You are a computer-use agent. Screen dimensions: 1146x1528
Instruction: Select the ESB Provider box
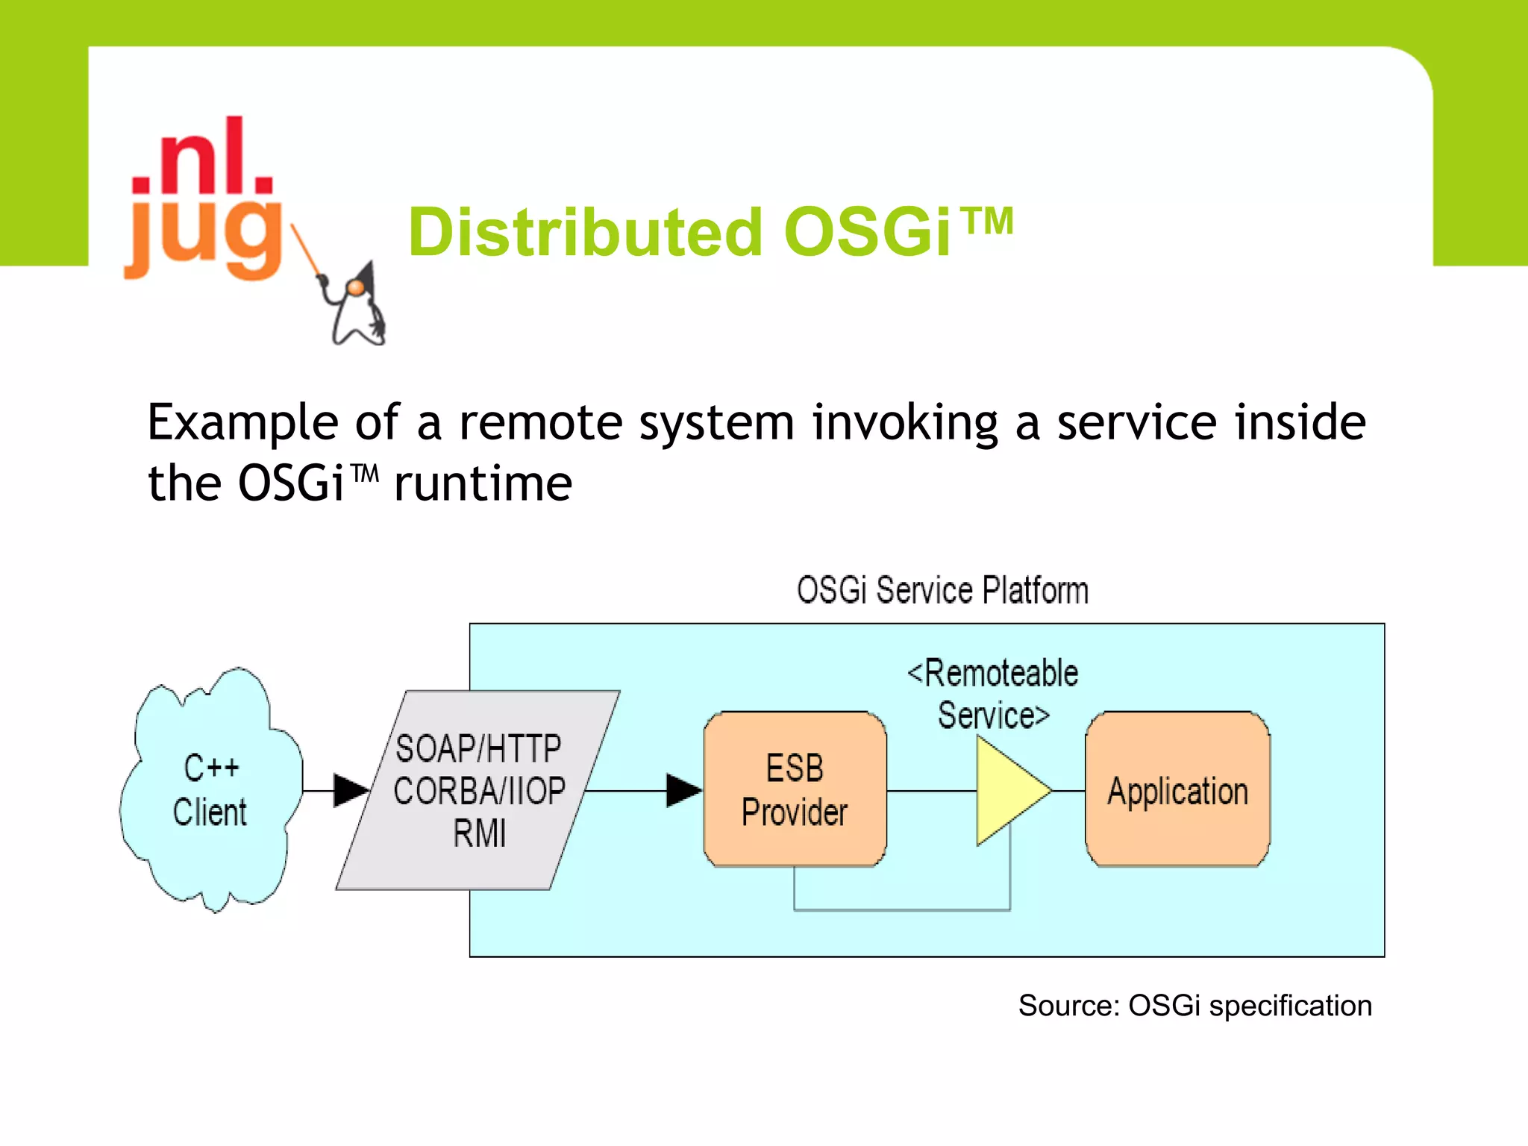[x=795, y=789]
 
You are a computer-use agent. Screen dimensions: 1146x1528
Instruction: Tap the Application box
[x=1177, y=789]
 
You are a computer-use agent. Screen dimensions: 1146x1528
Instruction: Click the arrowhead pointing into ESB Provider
[x=682, y=790]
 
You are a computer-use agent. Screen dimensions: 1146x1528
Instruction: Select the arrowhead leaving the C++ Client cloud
[x=349, y=790]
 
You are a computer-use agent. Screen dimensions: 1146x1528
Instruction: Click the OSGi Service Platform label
[x=942, y=590]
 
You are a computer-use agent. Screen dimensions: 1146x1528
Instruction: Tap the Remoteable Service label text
[x=992, y=694]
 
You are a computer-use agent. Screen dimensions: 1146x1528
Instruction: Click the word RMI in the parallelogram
[x=479, y=833]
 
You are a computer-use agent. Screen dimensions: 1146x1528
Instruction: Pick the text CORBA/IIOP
[x=479, y=791]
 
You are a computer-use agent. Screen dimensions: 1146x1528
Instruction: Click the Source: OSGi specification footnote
[x=1194, y=1006]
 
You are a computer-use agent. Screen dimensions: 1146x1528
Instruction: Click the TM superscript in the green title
[x=986, y=222]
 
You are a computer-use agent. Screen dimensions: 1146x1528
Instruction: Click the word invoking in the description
[x=904, y=422]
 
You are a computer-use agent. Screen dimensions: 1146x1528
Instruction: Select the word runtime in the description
[x=483, y=483]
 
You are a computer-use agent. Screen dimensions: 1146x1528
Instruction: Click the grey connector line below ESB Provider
[x=901, y=909]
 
